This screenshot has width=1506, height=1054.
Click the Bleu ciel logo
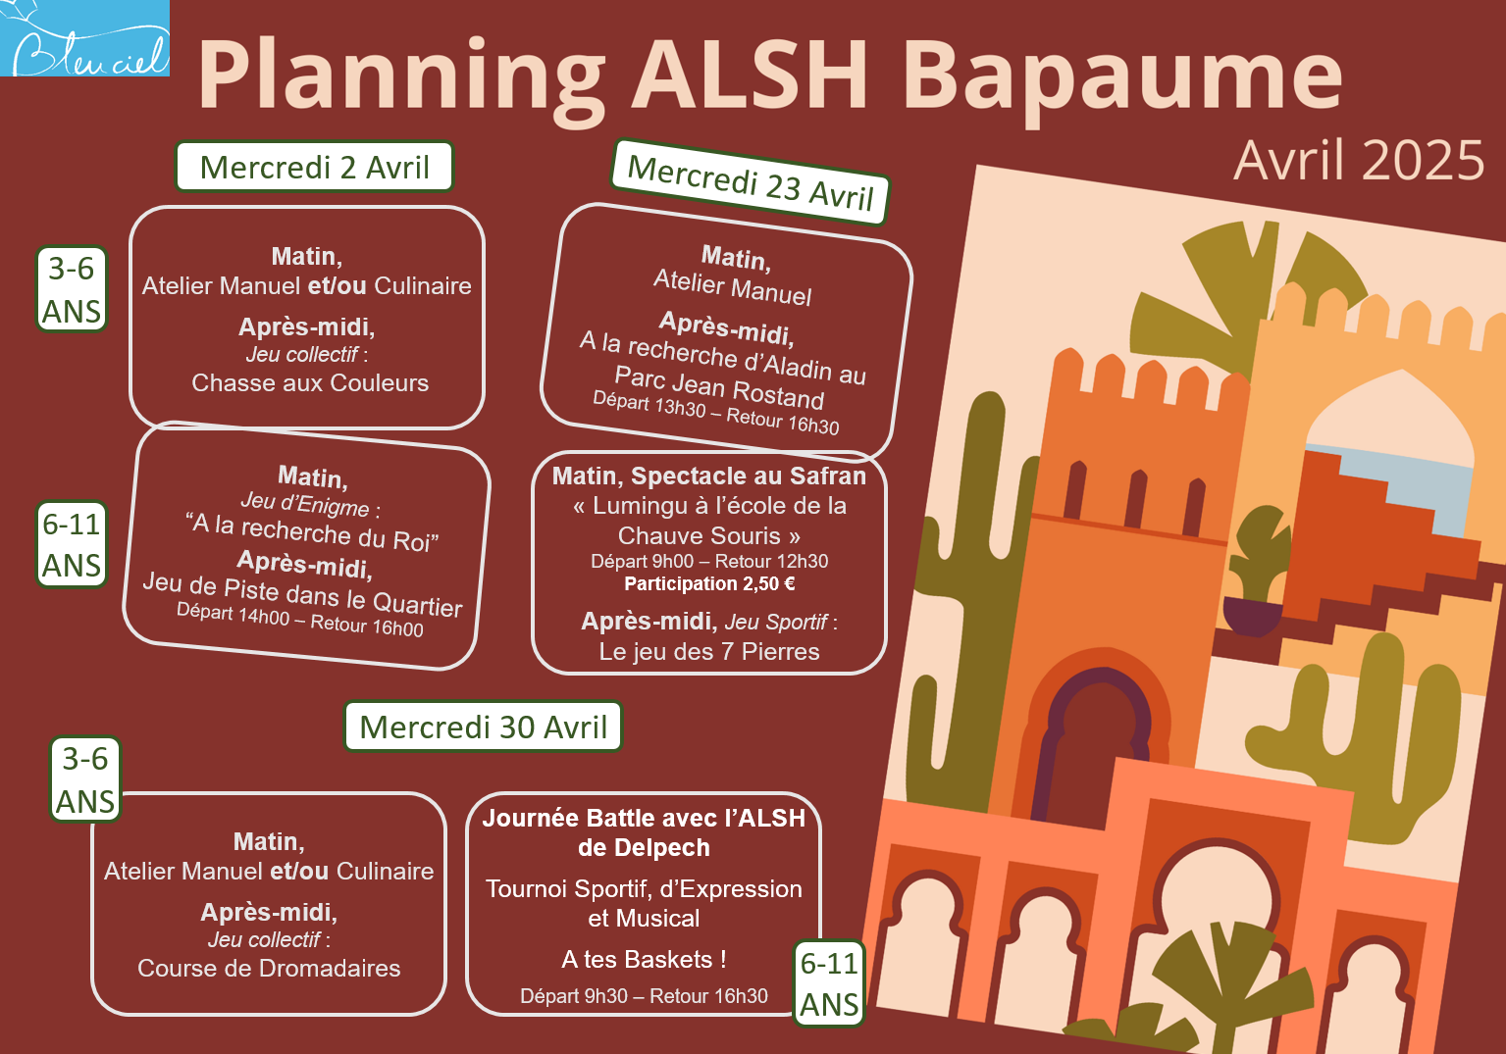(x=84, y=37)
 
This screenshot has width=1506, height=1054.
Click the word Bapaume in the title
(x=1121, y=77)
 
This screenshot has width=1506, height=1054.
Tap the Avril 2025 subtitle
(x=1358, y=161)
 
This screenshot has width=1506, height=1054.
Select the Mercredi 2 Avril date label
(x=314, y=167)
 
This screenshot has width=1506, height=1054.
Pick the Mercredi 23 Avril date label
(x=751, y=182)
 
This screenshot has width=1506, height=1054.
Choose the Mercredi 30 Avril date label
(x=483, y=727)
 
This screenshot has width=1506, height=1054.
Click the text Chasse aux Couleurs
(x=310, y=383)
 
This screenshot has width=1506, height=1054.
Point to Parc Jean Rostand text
(x=719, y=387)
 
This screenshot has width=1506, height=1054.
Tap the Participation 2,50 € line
(x=709, y=583)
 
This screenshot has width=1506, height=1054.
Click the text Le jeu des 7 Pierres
(x=709, y=652)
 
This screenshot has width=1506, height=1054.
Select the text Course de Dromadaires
(x=269, y=968)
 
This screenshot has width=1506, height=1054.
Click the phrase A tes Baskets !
(x=644, y=959)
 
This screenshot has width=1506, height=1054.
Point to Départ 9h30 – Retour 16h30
(x=644, y=995)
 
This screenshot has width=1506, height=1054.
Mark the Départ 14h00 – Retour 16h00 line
(x=300, y=620)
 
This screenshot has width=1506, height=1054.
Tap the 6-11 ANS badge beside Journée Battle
(x=829, y=983)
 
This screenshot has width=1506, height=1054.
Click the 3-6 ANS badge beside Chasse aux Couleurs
(x=72, y=289)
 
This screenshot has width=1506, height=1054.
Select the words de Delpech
(x=644, y=848)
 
